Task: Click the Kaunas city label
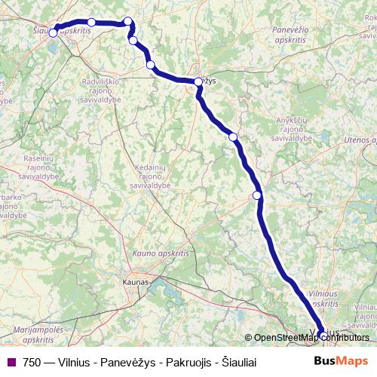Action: coord(136,282)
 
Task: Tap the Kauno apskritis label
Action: coord(159,253)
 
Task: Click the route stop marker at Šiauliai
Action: coord(54,32)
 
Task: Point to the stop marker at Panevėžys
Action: coord(198,81)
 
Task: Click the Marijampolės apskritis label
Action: coord(33,335)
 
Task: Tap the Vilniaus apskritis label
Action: coord(324,298)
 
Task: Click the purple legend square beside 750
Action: coord(11,362)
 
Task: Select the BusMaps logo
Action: coord(342,361)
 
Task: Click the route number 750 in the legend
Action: coord(32,362)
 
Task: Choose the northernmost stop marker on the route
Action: coord(128,21)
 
